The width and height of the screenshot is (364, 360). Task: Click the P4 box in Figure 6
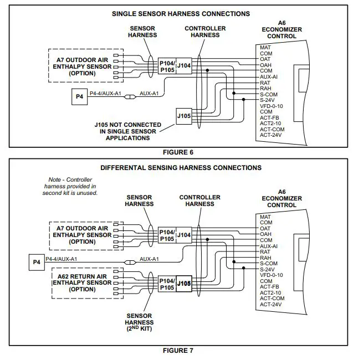coord(79,96)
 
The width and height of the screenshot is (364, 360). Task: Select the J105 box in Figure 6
coord(183,117)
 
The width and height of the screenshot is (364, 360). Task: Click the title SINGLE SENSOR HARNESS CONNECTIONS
coord(181,14)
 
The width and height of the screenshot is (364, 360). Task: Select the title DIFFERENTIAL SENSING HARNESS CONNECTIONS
coord(181,167)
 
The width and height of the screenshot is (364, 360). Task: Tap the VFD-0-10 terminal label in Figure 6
coord(271,106)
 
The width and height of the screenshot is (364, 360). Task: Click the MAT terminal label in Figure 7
coord(265,217)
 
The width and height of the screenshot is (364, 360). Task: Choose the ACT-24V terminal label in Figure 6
coord(271,135)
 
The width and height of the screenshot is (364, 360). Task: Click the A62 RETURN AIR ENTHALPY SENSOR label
coord(82,282)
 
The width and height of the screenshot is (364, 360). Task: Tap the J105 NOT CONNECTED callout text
coord(127,131)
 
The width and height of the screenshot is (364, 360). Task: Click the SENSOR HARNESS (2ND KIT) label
coord(140,322)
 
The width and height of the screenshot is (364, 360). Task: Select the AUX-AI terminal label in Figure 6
coord(269,76)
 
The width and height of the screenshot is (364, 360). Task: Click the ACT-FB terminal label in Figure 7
coord(269,287)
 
